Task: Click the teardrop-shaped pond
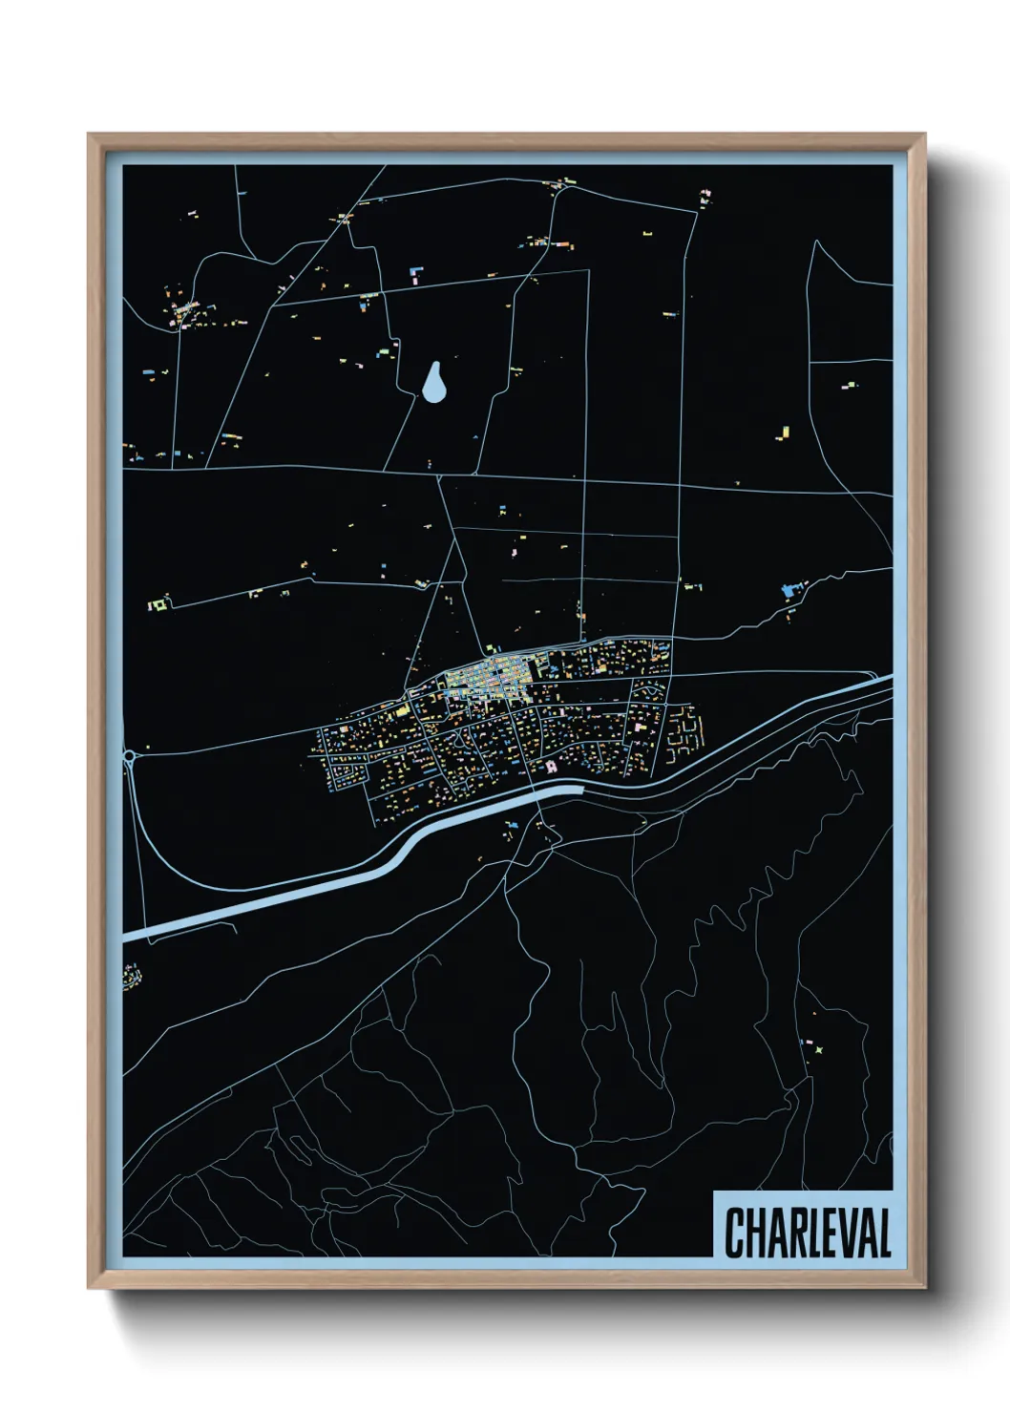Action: (434, 384)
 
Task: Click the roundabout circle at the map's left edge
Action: (130, 756)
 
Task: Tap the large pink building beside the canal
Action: (551, 766)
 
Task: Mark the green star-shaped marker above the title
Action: (818, 1050)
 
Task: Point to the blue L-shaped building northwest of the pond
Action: (415, 275)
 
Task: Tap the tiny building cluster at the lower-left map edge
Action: (131, 977)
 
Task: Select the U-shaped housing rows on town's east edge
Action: (685, 731)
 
